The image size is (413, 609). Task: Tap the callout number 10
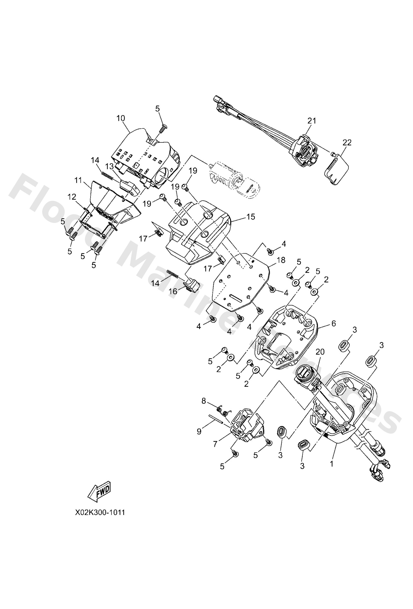(121, 118)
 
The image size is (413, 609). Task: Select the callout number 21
(312, 121)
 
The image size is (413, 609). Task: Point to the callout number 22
(347, 143)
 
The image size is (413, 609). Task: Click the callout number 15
(251, 217)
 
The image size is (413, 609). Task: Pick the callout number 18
(281, 260)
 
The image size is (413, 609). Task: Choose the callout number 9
(199, 432)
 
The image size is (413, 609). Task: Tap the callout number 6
(333, 323)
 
